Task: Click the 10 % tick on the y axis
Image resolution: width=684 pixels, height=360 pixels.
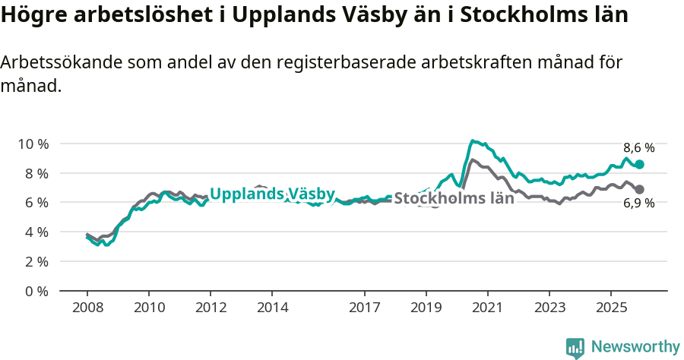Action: click(33, 144)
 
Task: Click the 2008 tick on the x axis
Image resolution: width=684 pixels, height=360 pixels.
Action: click(87, 308)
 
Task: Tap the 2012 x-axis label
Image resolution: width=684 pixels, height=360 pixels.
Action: click(211, 308)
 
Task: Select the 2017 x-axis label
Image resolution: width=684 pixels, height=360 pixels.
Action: click(365, 308)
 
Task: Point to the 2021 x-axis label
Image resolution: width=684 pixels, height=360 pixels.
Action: click(487, 308)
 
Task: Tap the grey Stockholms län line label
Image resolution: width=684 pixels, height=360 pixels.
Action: click(454, 199)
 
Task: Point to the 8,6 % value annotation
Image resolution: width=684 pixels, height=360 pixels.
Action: click(638, 148)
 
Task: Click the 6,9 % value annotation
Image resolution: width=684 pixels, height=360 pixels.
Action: click(638, 203)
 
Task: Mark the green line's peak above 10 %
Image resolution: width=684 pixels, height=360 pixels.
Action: click(473, 141)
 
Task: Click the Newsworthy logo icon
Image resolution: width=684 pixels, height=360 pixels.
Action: click(575, 348)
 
